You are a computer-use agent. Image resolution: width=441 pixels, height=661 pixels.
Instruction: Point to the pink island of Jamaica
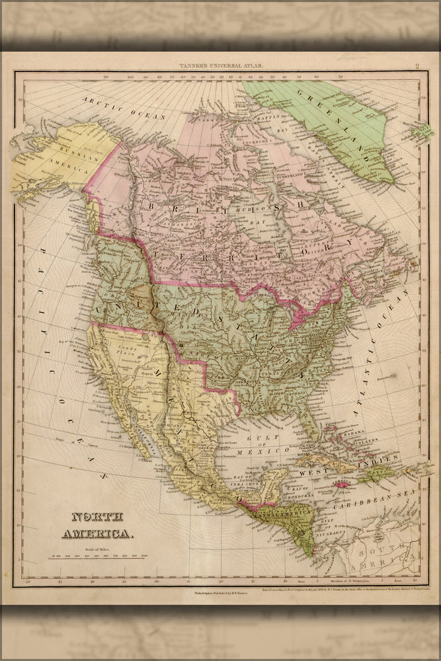342,485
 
